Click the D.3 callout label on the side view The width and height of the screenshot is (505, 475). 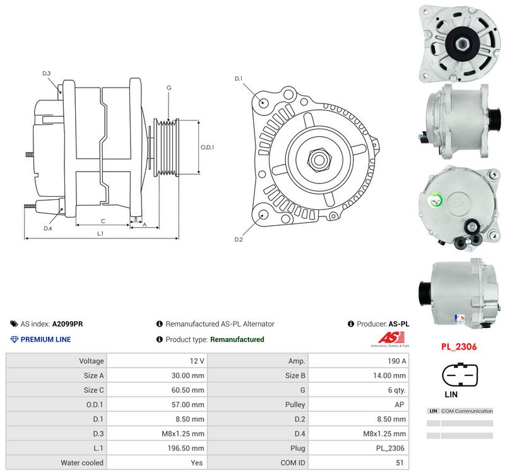click(47, 73)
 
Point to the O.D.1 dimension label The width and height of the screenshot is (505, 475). click(207, 148)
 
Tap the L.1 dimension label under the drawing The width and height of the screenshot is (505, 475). click(100, 233)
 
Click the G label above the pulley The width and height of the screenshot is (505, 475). click(169, 88)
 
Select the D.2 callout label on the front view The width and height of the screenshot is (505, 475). click(239, 240)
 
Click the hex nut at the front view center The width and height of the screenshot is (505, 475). click(319, 159)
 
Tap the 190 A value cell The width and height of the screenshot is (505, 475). click(397, 361)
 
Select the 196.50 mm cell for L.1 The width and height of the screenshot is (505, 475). click(186, 448)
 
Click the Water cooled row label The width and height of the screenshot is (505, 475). click(82, 463)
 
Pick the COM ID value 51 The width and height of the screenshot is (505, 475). click(400, 463)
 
